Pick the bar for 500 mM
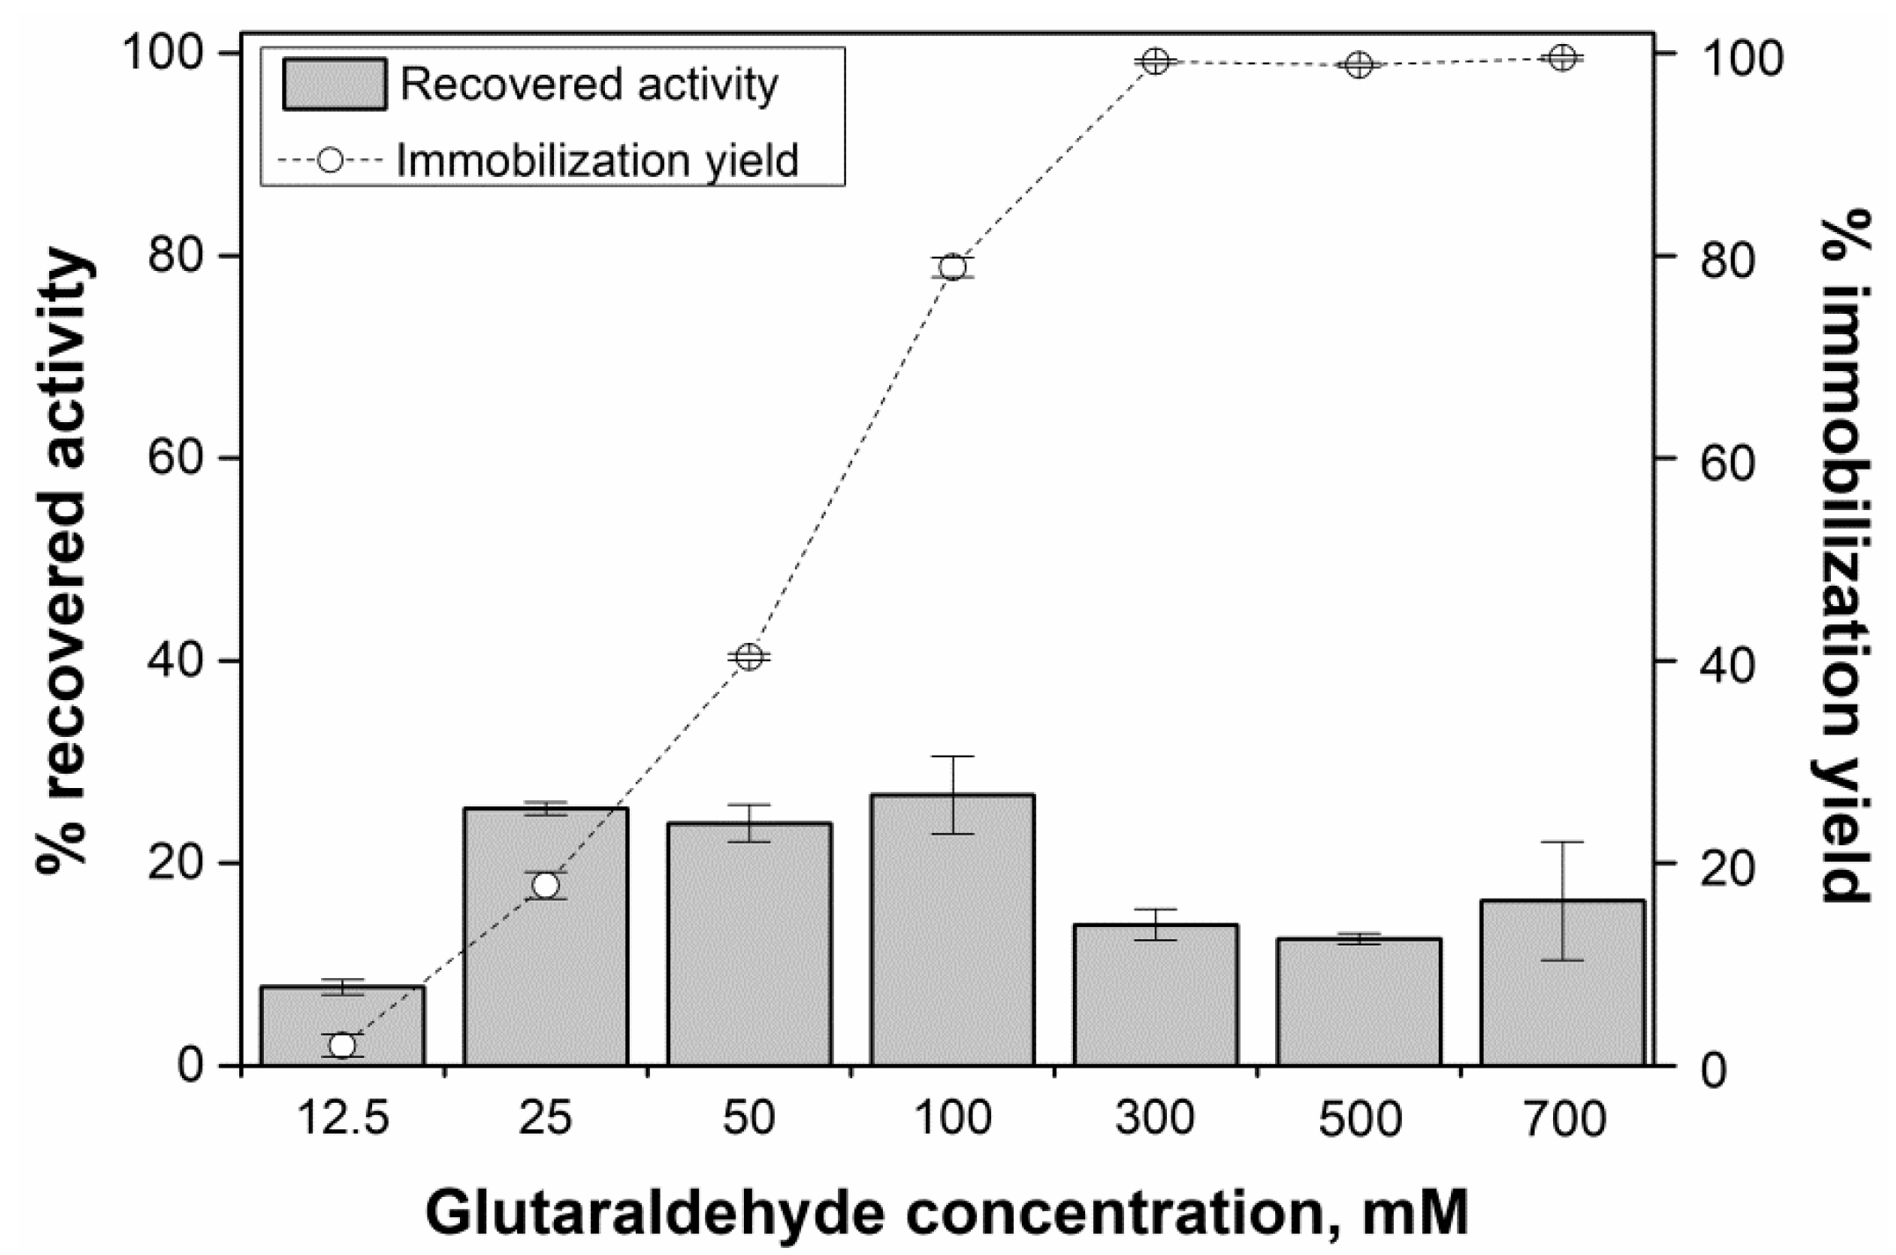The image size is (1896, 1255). point(1359,1002)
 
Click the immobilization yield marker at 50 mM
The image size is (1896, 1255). point(749,656)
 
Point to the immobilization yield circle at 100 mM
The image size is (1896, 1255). point(952,267)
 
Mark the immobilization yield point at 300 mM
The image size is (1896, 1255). point(1156,62)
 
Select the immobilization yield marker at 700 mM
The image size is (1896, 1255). point(1562,58)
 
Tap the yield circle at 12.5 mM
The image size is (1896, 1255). point(342,1046)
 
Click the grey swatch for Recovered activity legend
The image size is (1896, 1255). point(334,84)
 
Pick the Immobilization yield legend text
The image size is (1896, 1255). point(597,161)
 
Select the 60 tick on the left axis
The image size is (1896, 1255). point(177,458)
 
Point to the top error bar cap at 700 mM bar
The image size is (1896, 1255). point(1562,843)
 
